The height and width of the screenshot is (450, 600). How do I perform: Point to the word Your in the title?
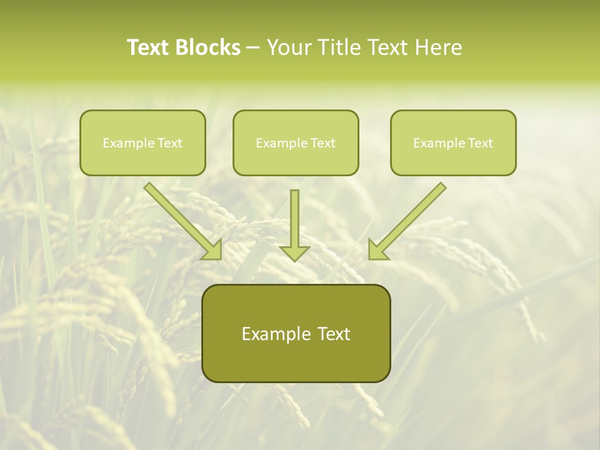click(289, 47)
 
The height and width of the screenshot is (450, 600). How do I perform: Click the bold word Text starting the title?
click(149, 47)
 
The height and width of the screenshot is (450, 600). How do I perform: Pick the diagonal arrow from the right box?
click(408, 221)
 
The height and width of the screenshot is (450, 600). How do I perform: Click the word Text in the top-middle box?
click(322, 143)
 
